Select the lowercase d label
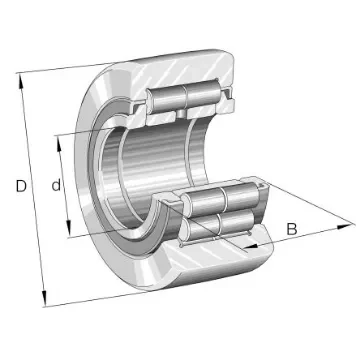[58, 185]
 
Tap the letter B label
[291, 231]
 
